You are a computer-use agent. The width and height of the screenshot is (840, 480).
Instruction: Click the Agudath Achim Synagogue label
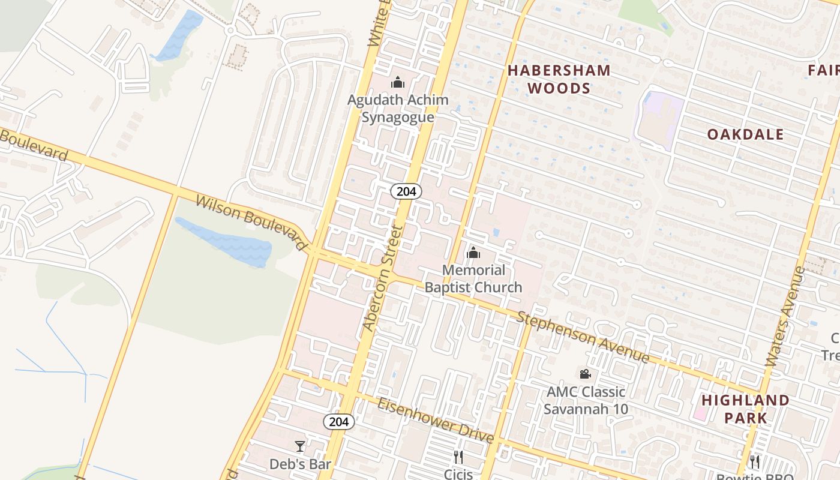(x=398, y=108)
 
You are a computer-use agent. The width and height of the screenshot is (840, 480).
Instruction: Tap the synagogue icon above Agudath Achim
(x=398, y=83)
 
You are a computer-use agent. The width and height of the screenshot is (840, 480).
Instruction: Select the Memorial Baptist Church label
(x=473, y=279)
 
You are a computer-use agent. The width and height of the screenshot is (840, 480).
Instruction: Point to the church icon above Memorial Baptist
(x=473, y=253)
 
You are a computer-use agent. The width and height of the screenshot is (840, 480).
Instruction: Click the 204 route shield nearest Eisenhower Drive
(x=339, y=422)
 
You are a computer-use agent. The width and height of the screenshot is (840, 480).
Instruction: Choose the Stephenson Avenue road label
(x=583, y=337)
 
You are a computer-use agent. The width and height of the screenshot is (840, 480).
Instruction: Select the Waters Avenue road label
(x=786, y=316)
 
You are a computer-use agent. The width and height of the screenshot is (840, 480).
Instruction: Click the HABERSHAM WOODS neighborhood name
(x=559, y=79)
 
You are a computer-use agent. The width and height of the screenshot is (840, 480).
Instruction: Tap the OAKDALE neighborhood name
(x=745, y=134)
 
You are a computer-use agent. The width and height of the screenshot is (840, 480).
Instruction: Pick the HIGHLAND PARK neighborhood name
(x=745, y=409)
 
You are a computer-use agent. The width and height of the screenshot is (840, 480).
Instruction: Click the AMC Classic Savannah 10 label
(x=586, y=400)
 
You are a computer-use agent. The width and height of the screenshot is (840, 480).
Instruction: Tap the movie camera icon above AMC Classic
(x=586, y=374)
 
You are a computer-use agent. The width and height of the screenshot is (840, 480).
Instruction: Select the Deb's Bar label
(x=300, y=464)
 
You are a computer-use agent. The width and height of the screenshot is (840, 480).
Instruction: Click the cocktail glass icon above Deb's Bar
(x=300, y=446)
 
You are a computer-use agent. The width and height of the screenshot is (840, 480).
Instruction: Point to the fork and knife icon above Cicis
(x=458, y=458)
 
